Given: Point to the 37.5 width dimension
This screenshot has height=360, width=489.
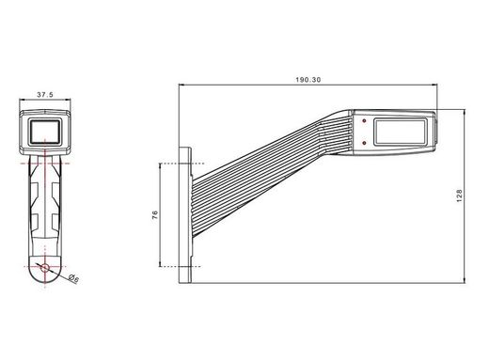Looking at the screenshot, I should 43,94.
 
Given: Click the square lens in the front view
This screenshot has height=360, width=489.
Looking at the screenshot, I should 44,133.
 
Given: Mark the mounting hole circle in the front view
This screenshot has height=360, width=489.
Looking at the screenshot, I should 44,268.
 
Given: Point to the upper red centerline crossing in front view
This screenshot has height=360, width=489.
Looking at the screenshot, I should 44,163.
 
